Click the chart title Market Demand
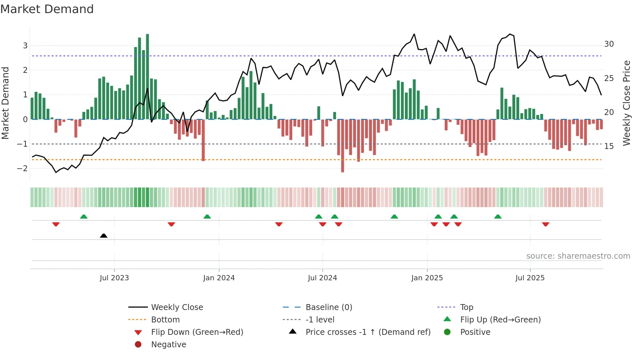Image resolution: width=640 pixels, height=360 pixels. (47, 9)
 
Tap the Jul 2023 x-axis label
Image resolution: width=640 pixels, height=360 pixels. (114, 278)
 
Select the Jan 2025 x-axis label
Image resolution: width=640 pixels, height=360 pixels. (427, 278)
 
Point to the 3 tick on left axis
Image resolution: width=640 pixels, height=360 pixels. (25, 46)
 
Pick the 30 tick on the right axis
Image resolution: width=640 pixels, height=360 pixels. (609, 44)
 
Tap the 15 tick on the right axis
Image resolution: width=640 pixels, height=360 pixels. (609, 146)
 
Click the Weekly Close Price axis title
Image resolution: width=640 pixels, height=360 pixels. (626, 103)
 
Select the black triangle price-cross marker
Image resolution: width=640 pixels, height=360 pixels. (104, 236)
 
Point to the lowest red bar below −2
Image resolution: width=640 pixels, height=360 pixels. (343, 146)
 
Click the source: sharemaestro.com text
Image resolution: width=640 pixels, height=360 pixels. (578, 256)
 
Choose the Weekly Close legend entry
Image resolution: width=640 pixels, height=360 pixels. (177, 307)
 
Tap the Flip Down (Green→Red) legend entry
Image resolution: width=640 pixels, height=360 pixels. (197, 332)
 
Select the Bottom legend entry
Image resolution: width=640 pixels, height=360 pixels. (165, 320)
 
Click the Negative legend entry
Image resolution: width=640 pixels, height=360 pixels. (168, 345)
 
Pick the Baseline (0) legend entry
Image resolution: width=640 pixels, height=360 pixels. (328, 307)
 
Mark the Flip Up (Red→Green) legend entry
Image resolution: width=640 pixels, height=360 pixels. (500, 320)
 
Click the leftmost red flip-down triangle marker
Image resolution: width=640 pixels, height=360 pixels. (56, 224)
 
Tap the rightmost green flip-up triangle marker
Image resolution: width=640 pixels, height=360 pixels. (498, 217)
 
